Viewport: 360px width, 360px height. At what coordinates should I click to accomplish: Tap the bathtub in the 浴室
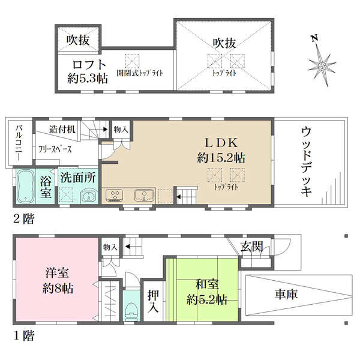click(25, 186)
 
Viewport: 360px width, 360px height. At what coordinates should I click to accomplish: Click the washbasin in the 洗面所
click(89, 196)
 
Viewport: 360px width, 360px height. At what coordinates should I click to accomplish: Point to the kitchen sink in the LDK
click(144, 196)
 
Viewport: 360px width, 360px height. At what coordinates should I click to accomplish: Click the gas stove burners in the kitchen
click(115, 196)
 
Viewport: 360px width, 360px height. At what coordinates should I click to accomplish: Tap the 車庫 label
click(286, 294)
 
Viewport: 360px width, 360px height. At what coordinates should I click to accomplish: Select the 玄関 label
click(251, 247)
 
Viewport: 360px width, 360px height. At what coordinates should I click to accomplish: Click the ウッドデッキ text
click(307, 161)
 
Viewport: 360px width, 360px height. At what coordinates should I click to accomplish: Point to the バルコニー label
click(19, 142)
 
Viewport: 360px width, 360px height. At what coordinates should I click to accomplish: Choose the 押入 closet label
click(153, 301)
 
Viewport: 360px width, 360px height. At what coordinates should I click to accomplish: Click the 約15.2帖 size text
click(221, 158)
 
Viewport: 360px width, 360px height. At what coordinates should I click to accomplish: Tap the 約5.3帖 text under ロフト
click(88, 79)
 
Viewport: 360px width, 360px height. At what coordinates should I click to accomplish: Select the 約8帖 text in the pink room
click(58, 289)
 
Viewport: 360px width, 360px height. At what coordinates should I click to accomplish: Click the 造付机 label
click(62, 130)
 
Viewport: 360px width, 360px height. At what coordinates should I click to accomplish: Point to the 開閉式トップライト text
click(140, 73)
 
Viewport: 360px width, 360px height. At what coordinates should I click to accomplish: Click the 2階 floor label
click(23, 218)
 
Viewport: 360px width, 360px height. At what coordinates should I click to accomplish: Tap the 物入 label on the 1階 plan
click(110, 247)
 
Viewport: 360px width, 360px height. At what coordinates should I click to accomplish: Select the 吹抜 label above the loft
click(78, 40)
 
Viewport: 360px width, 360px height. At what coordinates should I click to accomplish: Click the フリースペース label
click(55, 149)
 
